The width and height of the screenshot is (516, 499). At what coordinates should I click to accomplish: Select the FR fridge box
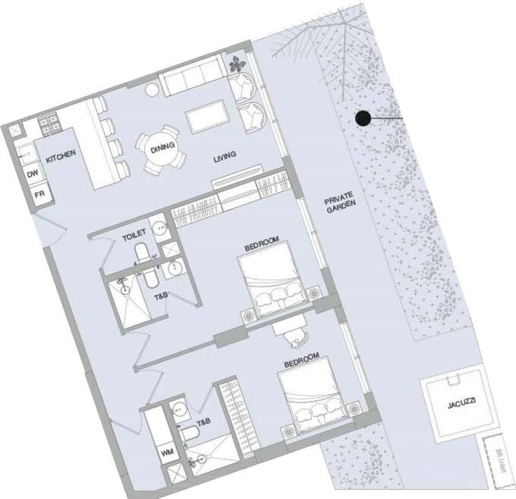(x=40, y=194)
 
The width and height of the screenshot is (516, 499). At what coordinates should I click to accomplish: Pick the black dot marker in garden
(x=362, y=119)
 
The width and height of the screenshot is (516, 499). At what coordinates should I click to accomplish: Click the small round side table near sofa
(x=152, y=91)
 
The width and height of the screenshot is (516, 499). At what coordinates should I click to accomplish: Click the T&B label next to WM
(x=204, y=422)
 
